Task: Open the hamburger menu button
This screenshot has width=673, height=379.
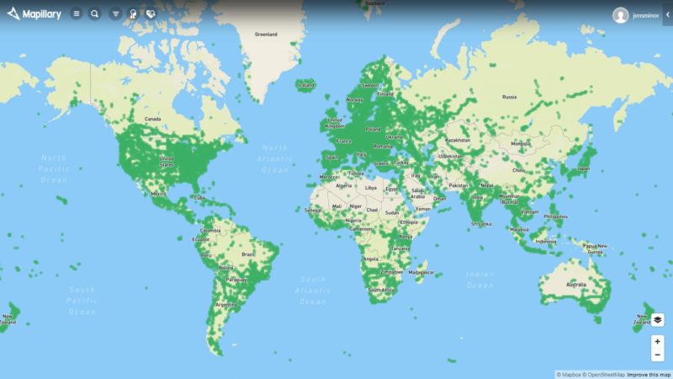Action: tap(77, 13)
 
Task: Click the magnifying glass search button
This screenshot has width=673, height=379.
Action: tap(94, 13)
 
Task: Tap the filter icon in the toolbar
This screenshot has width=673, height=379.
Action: tap(116, 13)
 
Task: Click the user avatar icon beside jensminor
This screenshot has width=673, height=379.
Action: tap(621, 15)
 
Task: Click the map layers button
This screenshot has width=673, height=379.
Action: tap(657, 320)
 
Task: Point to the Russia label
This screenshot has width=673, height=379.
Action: tap(509, 97)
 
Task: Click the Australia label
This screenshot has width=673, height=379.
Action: tap(575, 284)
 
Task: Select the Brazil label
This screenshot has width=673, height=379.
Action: tap(248, 254)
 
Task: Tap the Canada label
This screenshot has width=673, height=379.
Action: tap(152, 119)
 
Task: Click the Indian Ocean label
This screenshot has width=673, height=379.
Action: tap(480, 279)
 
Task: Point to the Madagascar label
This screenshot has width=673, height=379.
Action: tap(421, 272)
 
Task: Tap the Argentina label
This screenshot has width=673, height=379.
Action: tap(225, 304)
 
